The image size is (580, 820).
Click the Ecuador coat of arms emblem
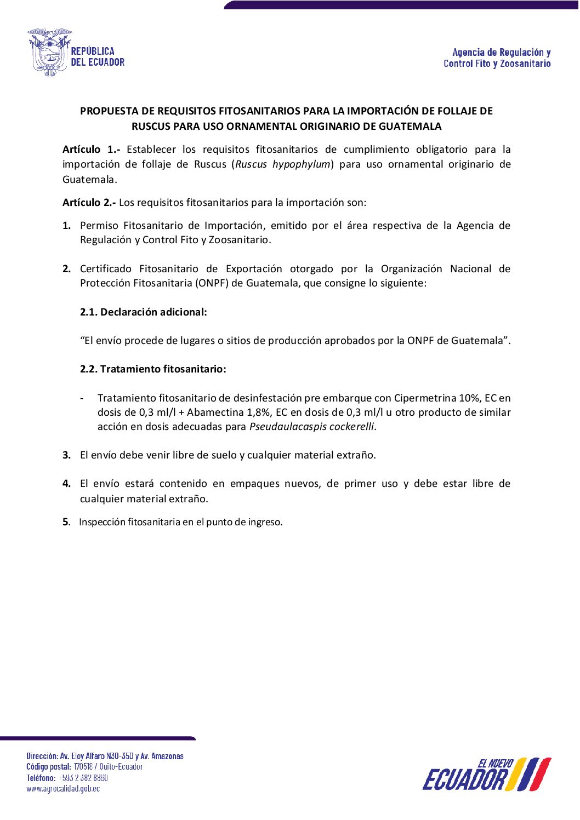pyautogui.click(x=49, y=52)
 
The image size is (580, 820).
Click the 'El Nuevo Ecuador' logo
pyautogui.click(x=486, y=775)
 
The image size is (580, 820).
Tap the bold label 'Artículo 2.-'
pyautogui.click(x=89, y=203)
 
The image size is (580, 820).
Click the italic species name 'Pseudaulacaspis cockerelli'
pyautogui.click(x=312, y=427)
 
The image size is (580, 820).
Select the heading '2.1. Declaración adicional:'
pyautogui.click(x=143, y=312)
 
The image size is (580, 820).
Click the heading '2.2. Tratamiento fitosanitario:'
pyautogui.click(x=153, y=369)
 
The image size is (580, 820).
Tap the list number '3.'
pyautogui.click(x=66, y=455)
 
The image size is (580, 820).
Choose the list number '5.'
pyautogui.click(x=66, y=522)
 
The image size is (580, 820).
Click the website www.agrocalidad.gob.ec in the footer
pyautogui.click(x=63, y=789)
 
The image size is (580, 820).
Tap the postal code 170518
pyautogui.click(x=83, y=767)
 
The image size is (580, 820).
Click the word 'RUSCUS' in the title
pyautogui.click(x=151, y=127)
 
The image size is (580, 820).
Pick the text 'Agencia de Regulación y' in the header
pyautogui.click(x=501, y=53)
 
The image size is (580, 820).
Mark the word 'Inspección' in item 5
pyautogui.click(x=102, y=522)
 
